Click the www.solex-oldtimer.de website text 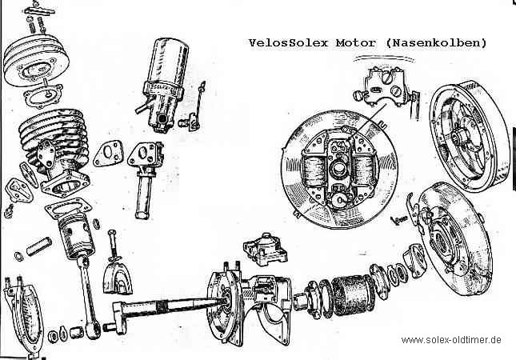[x=451, y=340]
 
